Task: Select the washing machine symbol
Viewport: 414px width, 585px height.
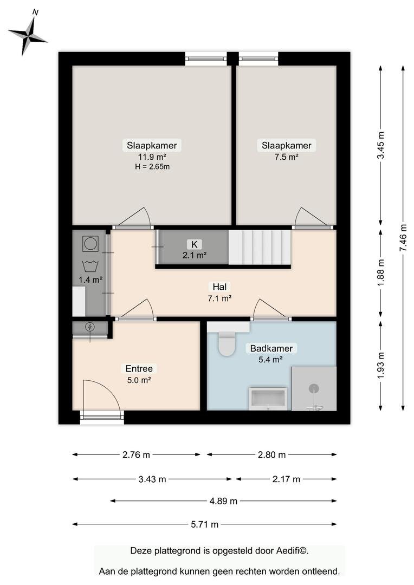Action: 90,244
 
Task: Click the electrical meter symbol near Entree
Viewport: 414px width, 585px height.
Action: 90,327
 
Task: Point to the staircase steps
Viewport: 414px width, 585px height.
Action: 260,248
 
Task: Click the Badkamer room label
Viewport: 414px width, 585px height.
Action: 271,348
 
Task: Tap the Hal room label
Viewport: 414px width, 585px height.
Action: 219,287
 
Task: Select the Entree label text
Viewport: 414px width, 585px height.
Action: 139,369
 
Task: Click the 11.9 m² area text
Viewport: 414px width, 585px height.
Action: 152,157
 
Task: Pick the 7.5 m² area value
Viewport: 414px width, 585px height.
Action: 286,157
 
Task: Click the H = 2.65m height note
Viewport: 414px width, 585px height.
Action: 152,167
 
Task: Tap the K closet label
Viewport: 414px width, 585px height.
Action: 195,244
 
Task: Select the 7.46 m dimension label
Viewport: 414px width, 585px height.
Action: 403,238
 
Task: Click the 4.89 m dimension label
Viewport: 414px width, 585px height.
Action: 223,501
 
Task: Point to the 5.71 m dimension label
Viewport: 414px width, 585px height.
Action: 205,524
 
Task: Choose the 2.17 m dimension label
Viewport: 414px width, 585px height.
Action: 286,479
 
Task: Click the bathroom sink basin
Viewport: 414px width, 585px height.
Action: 268,399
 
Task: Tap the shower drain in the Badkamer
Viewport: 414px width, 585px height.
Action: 314,389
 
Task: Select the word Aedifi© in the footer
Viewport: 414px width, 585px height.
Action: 292,551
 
